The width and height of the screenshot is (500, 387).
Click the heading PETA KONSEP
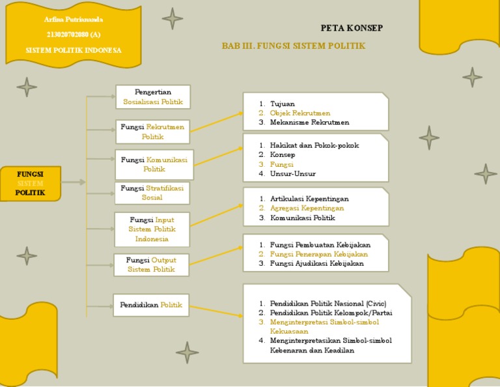coord(352,28)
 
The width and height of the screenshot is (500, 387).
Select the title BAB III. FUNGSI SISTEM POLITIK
coord(293,46)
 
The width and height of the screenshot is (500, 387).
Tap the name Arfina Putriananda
coord(74,20)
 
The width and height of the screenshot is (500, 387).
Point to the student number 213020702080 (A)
coord(74,35)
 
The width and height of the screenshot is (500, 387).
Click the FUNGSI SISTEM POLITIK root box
coord(31,183)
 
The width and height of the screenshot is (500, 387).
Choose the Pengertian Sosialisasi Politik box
coord(153,97)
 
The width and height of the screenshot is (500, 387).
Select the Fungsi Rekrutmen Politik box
coord(152,132)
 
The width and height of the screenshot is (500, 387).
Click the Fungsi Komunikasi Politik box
coord(154,164)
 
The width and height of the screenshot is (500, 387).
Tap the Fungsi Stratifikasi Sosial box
coord(152,193)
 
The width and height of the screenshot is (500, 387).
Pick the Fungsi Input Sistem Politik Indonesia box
coord(152,229)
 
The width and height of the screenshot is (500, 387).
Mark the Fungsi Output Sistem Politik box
coord(151,265)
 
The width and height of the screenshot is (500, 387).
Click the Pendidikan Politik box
coord(151,305)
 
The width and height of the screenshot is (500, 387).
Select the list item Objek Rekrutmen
coord(300,113)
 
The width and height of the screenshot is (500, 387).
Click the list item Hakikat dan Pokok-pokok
coord(314,145)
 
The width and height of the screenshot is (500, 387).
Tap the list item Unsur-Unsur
coord(292,173)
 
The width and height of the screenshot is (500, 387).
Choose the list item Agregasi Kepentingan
coord(307,208)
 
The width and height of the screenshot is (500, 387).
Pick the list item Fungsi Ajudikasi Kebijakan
coord(317,263)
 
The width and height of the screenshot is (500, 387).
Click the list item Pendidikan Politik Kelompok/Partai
coord(331,313)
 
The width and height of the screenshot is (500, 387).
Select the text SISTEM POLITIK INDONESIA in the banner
coord(74,50)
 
